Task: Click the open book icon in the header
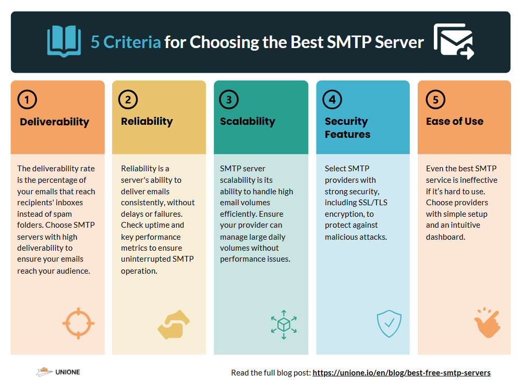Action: (64, 41)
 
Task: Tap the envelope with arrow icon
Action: (454, 41)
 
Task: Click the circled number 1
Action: (27, 99)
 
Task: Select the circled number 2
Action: (128, 99)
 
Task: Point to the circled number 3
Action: (229, 99)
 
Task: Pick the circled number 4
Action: (332, 99)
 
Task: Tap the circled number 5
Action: (435, 99)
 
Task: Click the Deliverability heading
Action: (55, 122)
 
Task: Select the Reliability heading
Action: (147, 122)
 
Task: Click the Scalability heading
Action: (248, 122)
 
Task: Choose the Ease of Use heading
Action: (455, 121)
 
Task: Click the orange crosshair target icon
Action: (78, 323)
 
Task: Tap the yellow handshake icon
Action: (174, 325)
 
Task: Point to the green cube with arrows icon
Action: (284, 325)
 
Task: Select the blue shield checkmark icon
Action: (389, 324)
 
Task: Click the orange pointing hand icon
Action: (488, 323)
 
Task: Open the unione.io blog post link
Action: (402, 373)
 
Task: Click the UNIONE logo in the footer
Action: (58, 372)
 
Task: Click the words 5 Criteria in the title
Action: (126, 42)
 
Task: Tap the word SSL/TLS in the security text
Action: (372, 203)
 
